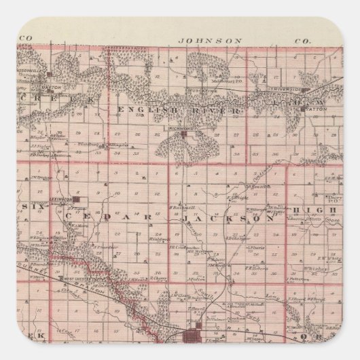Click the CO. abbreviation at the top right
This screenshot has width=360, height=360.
(x=302, y=41)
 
